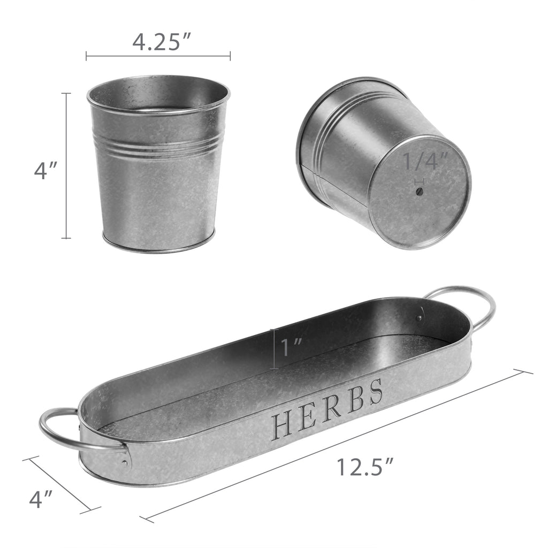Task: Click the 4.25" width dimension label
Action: (162, 42)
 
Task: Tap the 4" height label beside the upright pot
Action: (45, 171)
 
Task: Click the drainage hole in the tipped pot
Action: (420, 192)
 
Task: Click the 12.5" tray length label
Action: (365, 467)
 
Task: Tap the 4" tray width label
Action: (41, 499)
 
